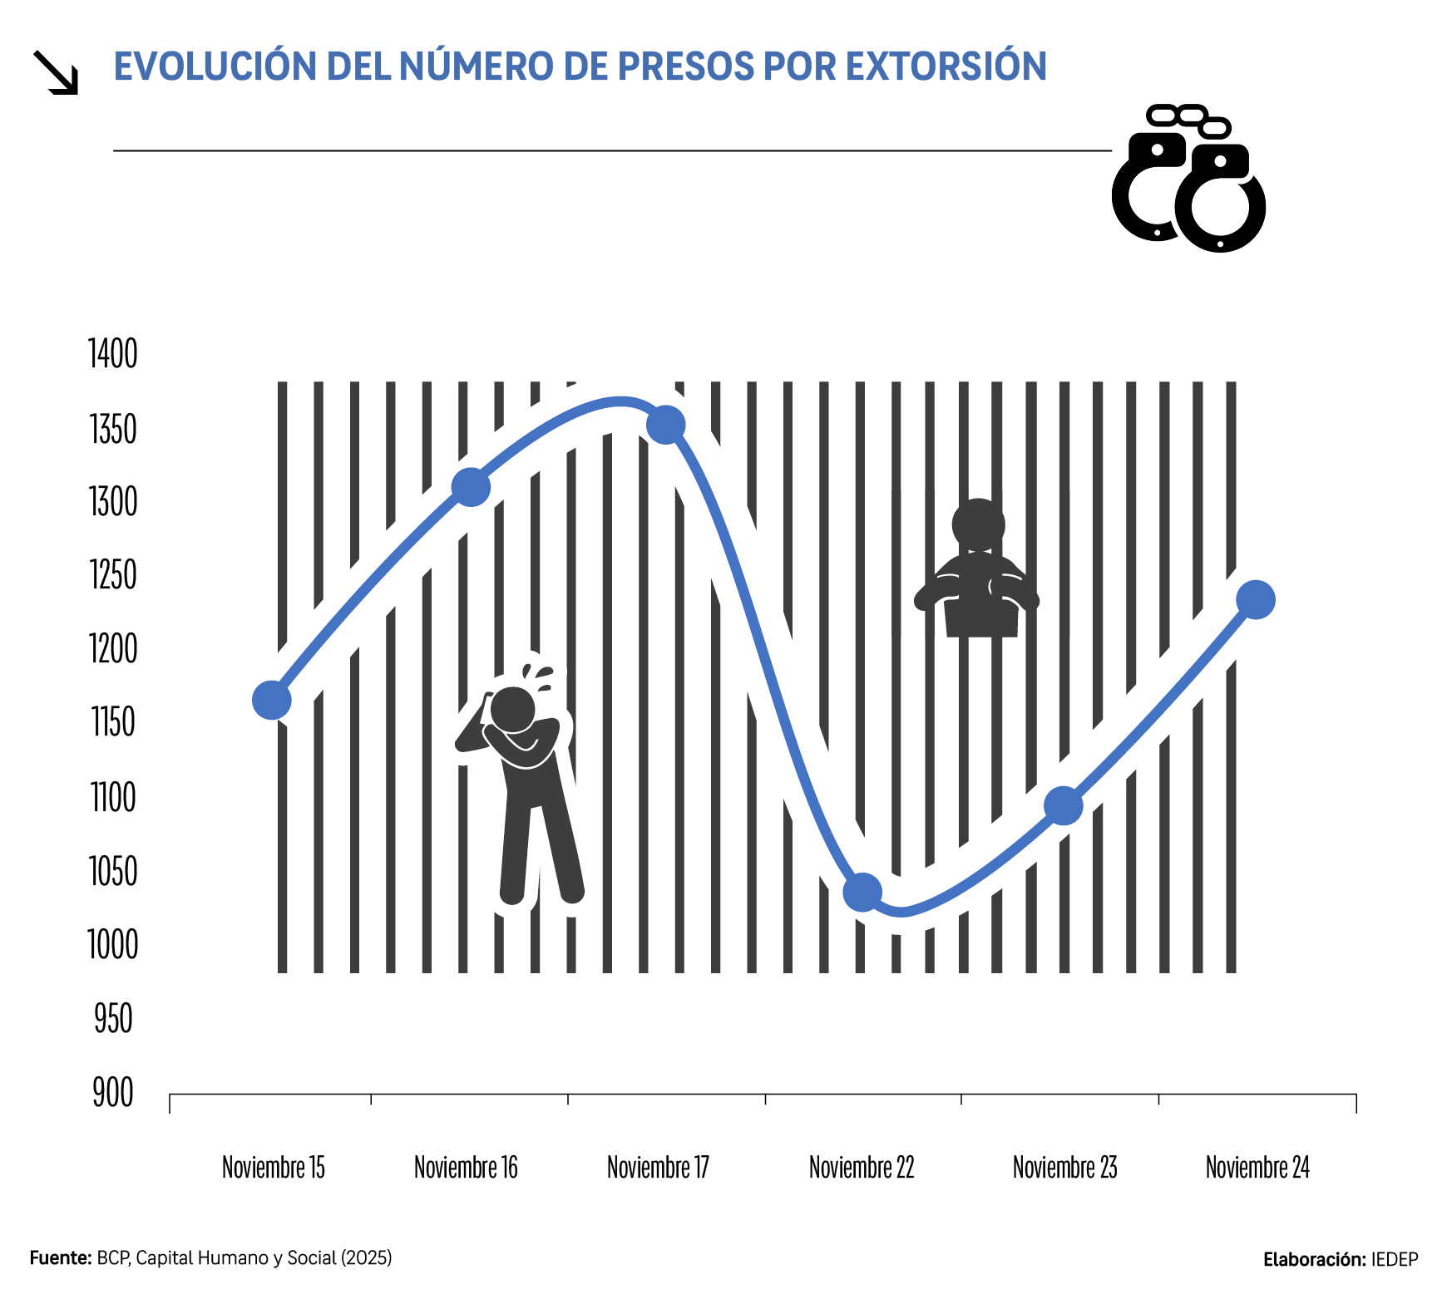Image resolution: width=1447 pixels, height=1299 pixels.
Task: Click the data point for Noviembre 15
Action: click(x=271, y=700)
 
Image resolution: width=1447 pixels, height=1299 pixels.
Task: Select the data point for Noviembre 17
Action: click(x=665, y=426)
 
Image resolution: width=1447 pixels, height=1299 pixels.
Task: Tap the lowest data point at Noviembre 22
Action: click(x=862, y=893)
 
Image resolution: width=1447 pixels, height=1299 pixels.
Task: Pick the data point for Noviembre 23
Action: click(x=1063, y=805)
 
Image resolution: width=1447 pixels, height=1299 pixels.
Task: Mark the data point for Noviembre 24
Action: click(x=1256, y=600)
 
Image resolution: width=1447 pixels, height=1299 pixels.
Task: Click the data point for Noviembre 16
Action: click(x=471, y=487)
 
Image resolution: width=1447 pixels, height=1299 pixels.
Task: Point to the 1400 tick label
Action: click(x=113, y=354)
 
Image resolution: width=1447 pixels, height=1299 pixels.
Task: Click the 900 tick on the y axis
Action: click(x=113, y=1093)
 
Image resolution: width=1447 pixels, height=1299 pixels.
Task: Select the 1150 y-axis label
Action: click(x=113, y=722)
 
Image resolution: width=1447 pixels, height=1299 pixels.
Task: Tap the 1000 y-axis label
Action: click(x=113, y=945)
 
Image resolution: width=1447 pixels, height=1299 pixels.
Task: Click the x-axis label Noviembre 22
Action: click(x=862, y=1168)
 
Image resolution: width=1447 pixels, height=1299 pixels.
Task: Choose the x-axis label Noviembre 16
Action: click(x=466, y=1168)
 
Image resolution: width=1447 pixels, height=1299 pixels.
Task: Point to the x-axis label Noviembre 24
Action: click(x=1257, y=1168)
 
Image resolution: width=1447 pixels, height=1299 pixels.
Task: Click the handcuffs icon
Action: click(x=1189, y=179)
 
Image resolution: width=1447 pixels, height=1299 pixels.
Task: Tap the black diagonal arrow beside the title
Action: click(x=56, y=72)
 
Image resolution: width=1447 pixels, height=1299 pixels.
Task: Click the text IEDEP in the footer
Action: click(x=1395, y=1260)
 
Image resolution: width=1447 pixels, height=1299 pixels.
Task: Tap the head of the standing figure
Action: click(x=512, y=709)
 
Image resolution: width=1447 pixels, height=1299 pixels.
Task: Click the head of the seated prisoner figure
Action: click(x=979, y=524)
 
